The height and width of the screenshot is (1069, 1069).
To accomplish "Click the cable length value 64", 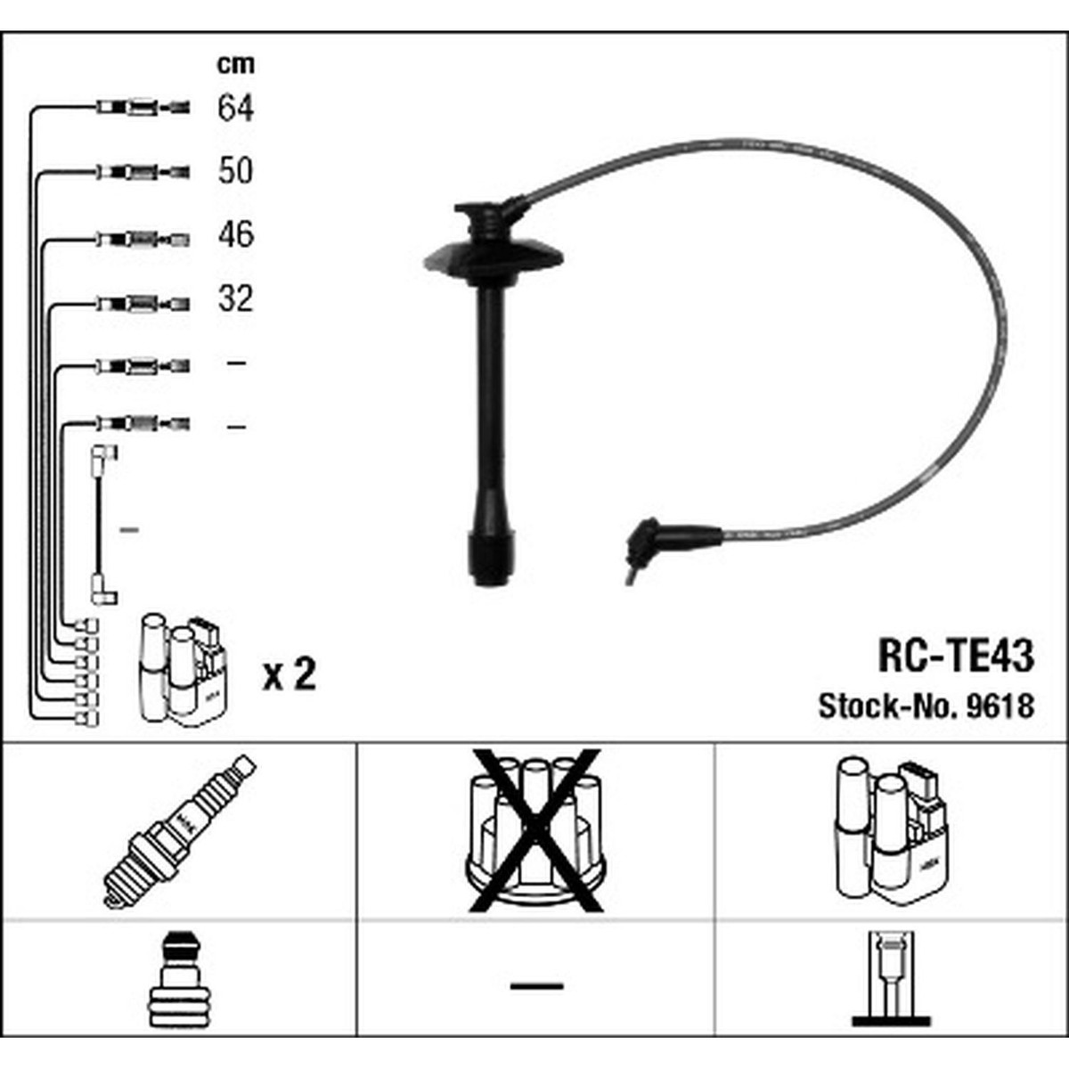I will [x=235, y=109].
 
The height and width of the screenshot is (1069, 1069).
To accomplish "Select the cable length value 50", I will [x=235, y=171].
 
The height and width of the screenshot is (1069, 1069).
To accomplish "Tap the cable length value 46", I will [x=235, y=235].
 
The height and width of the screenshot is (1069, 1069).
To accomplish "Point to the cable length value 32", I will [x=235, y=299].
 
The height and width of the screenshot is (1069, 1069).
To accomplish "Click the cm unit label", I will [x=235, y=64].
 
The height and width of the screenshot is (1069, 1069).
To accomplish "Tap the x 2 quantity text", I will [x=290, y=675].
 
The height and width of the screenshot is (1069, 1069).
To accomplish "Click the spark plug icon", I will [x=179, y=831].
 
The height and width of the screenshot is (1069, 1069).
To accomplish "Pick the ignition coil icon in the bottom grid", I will [x=891, y=828].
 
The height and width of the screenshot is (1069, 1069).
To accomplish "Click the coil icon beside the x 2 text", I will [x=182, y=668].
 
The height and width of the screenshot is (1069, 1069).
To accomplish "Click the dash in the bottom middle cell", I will [x=536, y=985].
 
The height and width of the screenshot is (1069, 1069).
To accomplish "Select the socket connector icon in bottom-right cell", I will [x=891, y=980].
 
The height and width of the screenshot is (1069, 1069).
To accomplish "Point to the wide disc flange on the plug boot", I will [x=493, y=258].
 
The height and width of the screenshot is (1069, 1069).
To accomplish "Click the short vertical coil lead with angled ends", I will [x=100, y=526].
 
